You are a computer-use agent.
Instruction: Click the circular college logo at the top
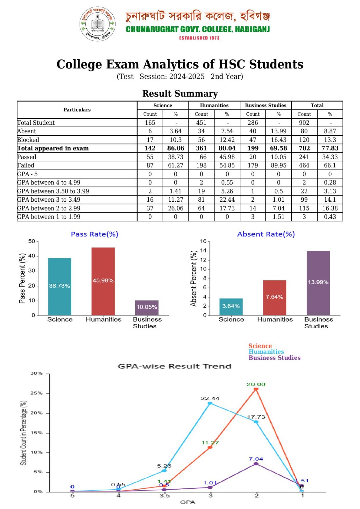pos(97,24)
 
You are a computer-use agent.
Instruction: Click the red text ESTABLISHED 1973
pos(199,38)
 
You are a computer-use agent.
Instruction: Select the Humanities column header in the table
pos(214,105)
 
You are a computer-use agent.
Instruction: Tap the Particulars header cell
pos(77,110)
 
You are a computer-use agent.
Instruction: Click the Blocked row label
pos(28,140)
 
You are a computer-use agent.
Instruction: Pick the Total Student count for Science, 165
pos(150,122)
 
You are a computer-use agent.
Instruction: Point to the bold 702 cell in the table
pos(304,148)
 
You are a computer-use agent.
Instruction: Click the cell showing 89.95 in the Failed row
pos(279,165)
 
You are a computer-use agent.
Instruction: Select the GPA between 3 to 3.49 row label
pos(49,200)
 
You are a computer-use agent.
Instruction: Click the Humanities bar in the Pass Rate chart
pos(103,281)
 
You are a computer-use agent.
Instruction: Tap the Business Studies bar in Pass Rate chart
pos(147,308)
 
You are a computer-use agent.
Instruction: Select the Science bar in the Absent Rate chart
pos(231,307)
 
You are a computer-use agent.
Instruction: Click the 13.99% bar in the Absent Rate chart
pos(318,283)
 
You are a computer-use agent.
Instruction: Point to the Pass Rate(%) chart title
pos(95,234)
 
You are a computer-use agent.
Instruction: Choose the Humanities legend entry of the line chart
pos(266,352)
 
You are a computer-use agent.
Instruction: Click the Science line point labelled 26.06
pos(256,389)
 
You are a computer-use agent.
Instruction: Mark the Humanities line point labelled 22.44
pos(210,403)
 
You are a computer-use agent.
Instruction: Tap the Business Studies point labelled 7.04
pos(256,464)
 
